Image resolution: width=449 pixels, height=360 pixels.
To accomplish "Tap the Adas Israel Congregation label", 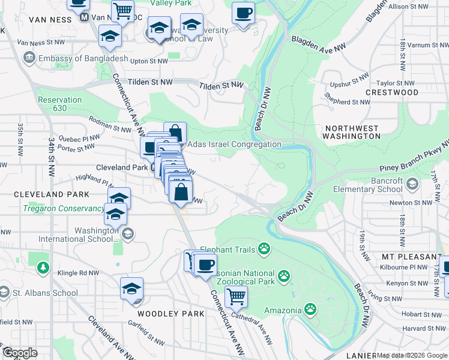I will (x=234, y=144).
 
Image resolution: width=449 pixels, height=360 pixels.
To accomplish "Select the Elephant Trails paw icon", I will (x=264, y=248).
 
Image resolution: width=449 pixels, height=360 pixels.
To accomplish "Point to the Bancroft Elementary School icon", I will (x=412, y=184).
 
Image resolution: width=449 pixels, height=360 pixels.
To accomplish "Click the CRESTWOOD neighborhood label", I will (x=391, y=92).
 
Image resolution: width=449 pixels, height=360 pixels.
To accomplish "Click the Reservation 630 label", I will (x=59, y=104).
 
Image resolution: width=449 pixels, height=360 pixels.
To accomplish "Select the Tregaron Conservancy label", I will (x=64, y=209).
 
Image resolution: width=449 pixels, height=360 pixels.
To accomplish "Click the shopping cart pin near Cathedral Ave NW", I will (x=236, y=296).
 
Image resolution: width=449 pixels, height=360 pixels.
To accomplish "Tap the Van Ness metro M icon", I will (x=85, y=18).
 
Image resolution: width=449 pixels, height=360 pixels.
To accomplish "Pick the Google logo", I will (x=20, y=353).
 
